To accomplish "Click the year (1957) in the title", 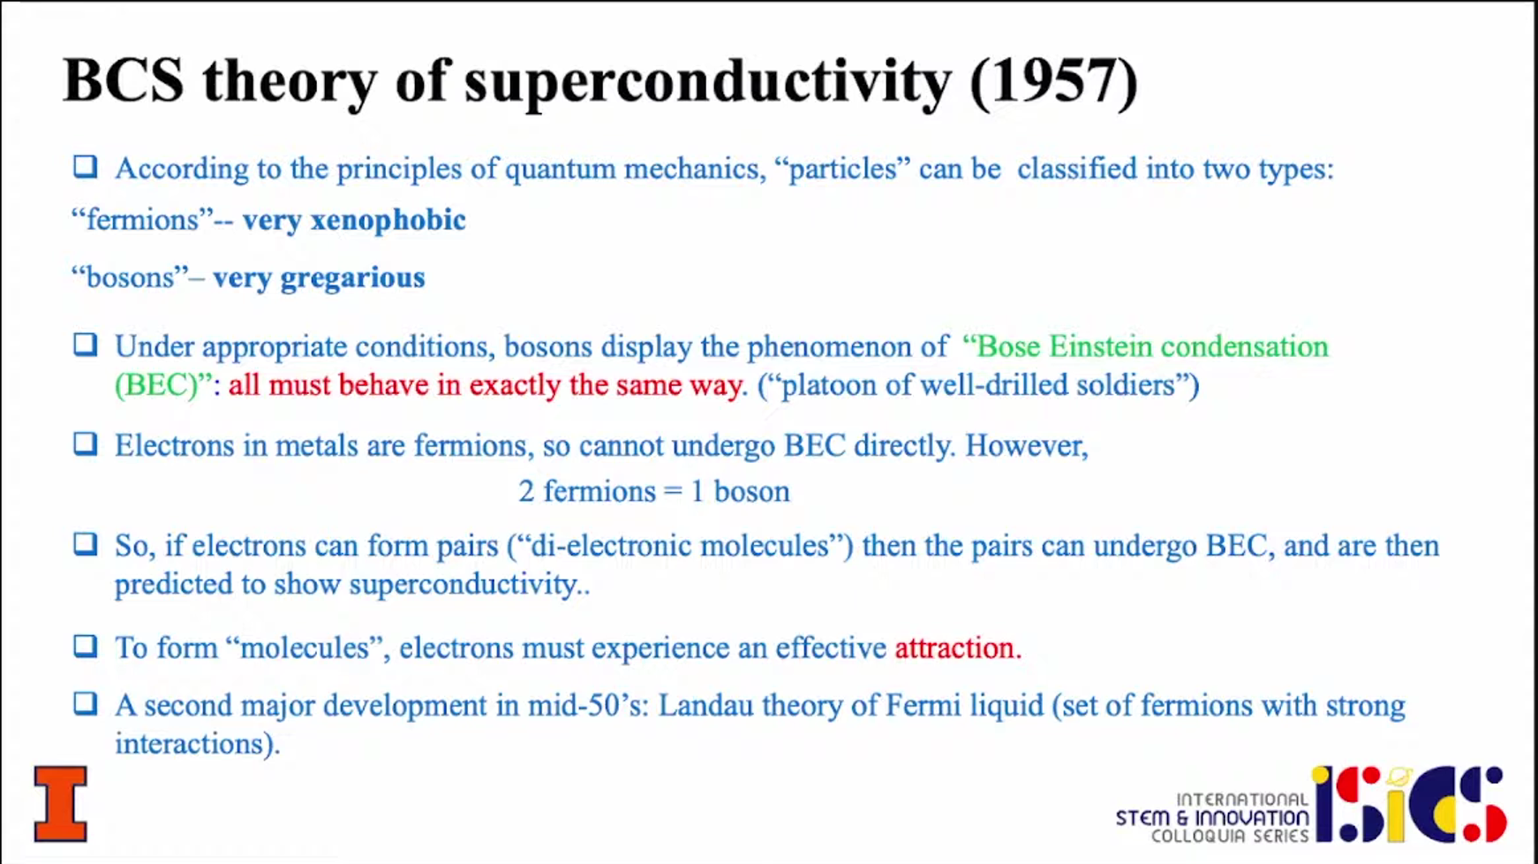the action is coord(1053,81).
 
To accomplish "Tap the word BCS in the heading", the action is coord(124,80).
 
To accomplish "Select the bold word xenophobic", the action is coord(388,220).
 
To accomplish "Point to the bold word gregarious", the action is coord(352,278).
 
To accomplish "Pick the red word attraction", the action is coord(957,648).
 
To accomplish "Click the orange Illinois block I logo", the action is coord(61,803).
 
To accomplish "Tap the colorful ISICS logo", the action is coord(1409,804).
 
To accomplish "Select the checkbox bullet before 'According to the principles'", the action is coord(85,166).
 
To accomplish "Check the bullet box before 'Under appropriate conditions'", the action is coord(85,344).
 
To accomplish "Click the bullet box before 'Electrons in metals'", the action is coord(85,443).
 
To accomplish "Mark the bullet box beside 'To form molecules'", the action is coord(85,646).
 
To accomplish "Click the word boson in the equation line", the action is coord(751,491).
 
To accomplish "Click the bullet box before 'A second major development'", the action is coord(85,703).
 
